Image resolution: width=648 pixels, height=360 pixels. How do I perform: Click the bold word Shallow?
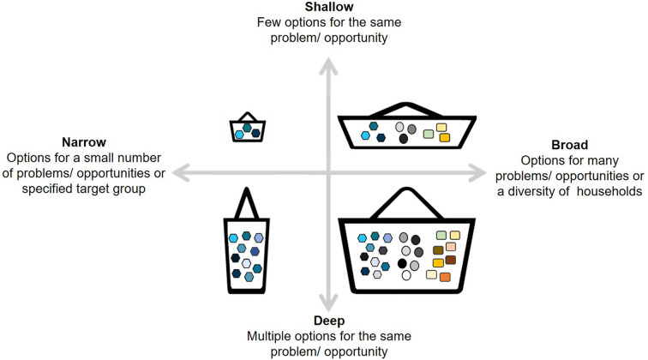[323, 8]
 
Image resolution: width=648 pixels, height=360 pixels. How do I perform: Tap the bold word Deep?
[323, 321]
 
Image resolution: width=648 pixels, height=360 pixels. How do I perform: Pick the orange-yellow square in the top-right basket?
[445, 137]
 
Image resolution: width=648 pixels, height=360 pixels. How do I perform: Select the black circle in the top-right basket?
[405, 139]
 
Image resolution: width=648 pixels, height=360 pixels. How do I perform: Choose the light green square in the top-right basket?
[428, 134]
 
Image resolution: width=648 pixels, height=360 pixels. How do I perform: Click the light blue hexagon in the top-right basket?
[366, 135]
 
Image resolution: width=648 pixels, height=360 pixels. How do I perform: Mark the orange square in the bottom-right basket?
[446, 276]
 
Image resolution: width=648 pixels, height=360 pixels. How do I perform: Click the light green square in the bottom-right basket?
[441, 235]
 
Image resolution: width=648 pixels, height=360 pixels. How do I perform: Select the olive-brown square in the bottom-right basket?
[437, 249]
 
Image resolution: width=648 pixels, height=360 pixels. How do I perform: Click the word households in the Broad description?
[603, 191]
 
